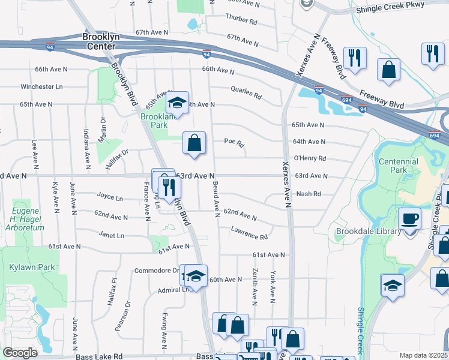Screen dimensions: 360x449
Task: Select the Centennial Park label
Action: click(399, 166)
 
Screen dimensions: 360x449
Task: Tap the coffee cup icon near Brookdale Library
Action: click(410, 218)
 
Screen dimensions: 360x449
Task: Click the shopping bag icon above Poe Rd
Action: click(194, 143)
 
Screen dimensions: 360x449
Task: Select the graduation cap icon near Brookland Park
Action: click(177, 103)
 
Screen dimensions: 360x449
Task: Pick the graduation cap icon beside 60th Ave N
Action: click(195, 276)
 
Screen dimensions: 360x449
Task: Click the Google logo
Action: click(20, 353)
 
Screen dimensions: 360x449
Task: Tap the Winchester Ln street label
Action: click(41, 86)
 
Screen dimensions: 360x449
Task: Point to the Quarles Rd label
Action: click(246, 92)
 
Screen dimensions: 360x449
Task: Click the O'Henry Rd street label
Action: click(310, 158)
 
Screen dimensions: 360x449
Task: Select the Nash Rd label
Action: click(309, 194)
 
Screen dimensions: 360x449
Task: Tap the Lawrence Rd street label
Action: click(249, 233)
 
